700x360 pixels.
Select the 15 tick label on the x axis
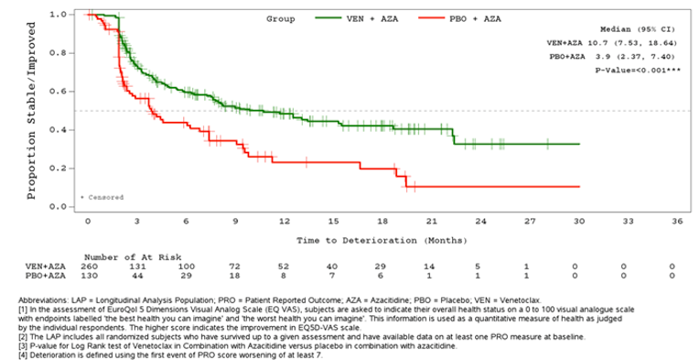point(334,222)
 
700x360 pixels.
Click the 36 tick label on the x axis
point(677,222)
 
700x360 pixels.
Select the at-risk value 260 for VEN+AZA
point(88,266)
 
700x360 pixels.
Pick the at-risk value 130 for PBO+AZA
point(88,275)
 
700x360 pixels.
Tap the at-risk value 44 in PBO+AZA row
point(137,275)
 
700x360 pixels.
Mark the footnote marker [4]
point(24,353)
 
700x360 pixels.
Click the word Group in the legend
point(281,17)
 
